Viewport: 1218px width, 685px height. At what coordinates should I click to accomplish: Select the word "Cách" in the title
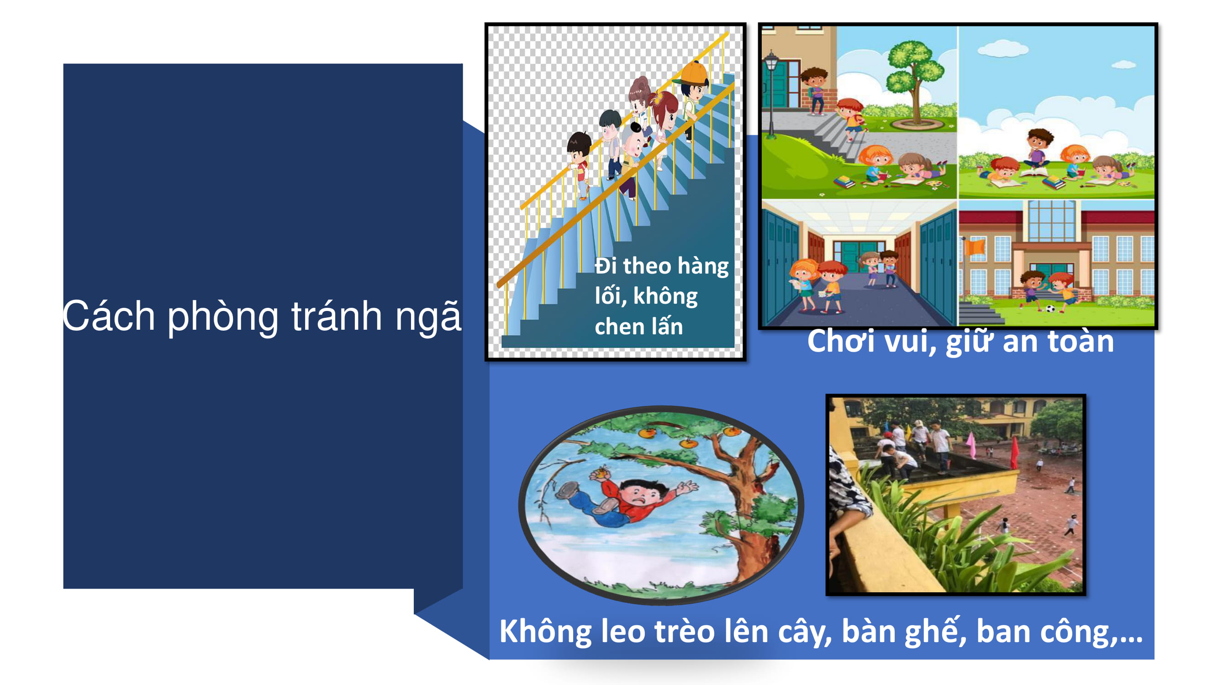pyautogui.click(x=109, y=315)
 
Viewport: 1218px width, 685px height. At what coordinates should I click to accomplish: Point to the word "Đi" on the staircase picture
pyautogui.click(x=606, y=266)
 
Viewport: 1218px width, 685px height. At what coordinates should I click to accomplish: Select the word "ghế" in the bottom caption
pyautogui.click(x=936, y=631)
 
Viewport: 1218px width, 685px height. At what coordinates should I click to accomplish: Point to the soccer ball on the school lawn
pyautogui.click(x=1050, y=309)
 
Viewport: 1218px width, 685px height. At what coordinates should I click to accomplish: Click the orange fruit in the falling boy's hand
pyautogui.click(x=602, y=472)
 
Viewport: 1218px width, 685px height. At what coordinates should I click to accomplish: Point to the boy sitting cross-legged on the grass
pyautogui.click(x=1039, y=148)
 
